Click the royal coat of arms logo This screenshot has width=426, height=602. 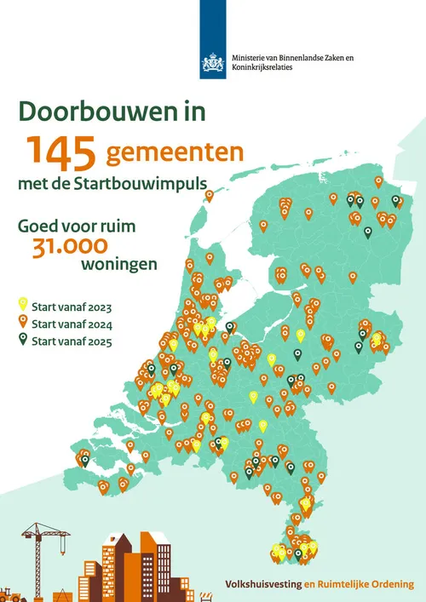(x=212, y=62)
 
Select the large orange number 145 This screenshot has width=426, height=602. (x=63, y=151)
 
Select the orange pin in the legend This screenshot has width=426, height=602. (x=23, y=323)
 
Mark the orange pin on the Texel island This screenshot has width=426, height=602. (x=210, y=196)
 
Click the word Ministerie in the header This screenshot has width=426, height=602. (x=251, y=57)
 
